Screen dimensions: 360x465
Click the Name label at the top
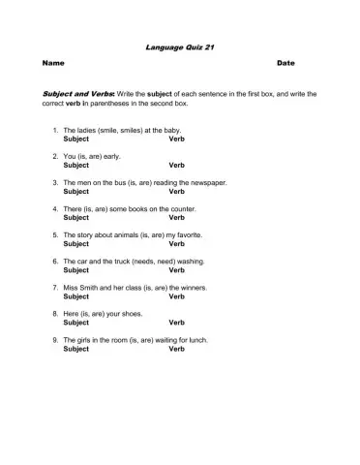(x=53, y=63)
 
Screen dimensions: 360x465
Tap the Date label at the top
(x=285, y=63)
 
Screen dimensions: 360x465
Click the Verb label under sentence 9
(x=177, y=349)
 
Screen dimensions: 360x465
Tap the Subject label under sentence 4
(x=75, y=217)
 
